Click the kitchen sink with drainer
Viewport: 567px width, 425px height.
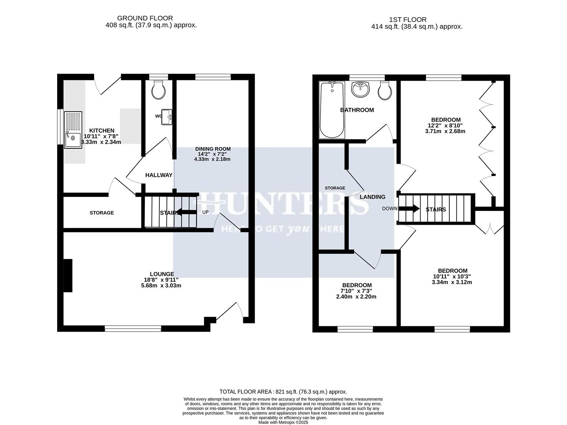pos(73,129)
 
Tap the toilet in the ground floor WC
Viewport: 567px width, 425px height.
pos(159,91)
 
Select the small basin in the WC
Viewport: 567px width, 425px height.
pos(167,117)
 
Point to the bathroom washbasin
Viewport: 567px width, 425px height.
pos(360,89)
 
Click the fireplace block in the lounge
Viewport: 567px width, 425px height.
pos(68,275)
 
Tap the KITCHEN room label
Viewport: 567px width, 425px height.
pos(102,131)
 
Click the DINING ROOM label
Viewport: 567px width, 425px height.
pos(213,149)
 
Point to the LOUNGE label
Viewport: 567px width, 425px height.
pos(161,274)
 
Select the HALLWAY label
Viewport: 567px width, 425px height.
pos(159,175)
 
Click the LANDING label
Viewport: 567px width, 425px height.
pos(372,197)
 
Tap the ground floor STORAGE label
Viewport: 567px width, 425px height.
pos(102,213)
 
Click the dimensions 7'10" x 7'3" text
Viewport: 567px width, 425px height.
pos(356,291)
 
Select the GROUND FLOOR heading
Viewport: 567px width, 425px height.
pos(145,18)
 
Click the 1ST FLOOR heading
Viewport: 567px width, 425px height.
pos(408,19)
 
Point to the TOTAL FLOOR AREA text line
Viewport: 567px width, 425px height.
pos(283,392)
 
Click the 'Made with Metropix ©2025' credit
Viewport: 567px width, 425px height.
pos(283,422)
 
